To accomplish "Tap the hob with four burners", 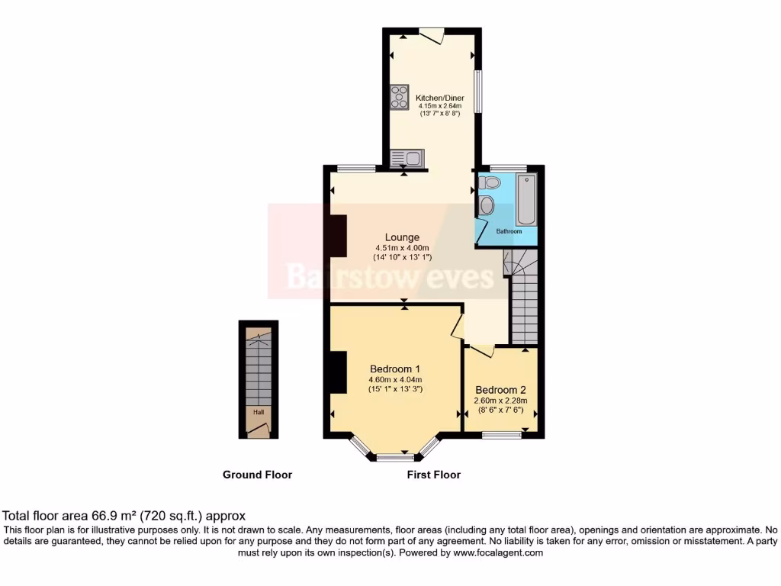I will pyautogui.click(x=399, y=97).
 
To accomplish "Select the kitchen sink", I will pyautogui.click(x=407, y=158).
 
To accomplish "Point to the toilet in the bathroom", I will pyautogui.click(x=490, y=182).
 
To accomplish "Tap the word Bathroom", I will pyautogui.click(x=509, y=231).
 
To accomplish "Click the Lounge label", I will pyautogui.click(x=402, y=237).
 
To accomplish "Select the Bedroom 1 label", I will pyautogui.click(x=395, y=369).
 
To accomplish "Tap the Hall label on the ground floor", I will pyautogui.click(x=259, y=413).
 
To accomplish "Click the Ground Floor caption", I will pyautogui.click(x=257, y=475).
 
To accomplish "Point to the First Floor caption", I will pyautogui.click(x=434, y=475).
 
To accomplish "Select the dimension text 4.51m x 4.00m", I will pyautogui.click(x=402, y=248).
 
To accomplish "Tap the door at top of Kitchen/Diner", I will pyautogui.click(x=432, y=35).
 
